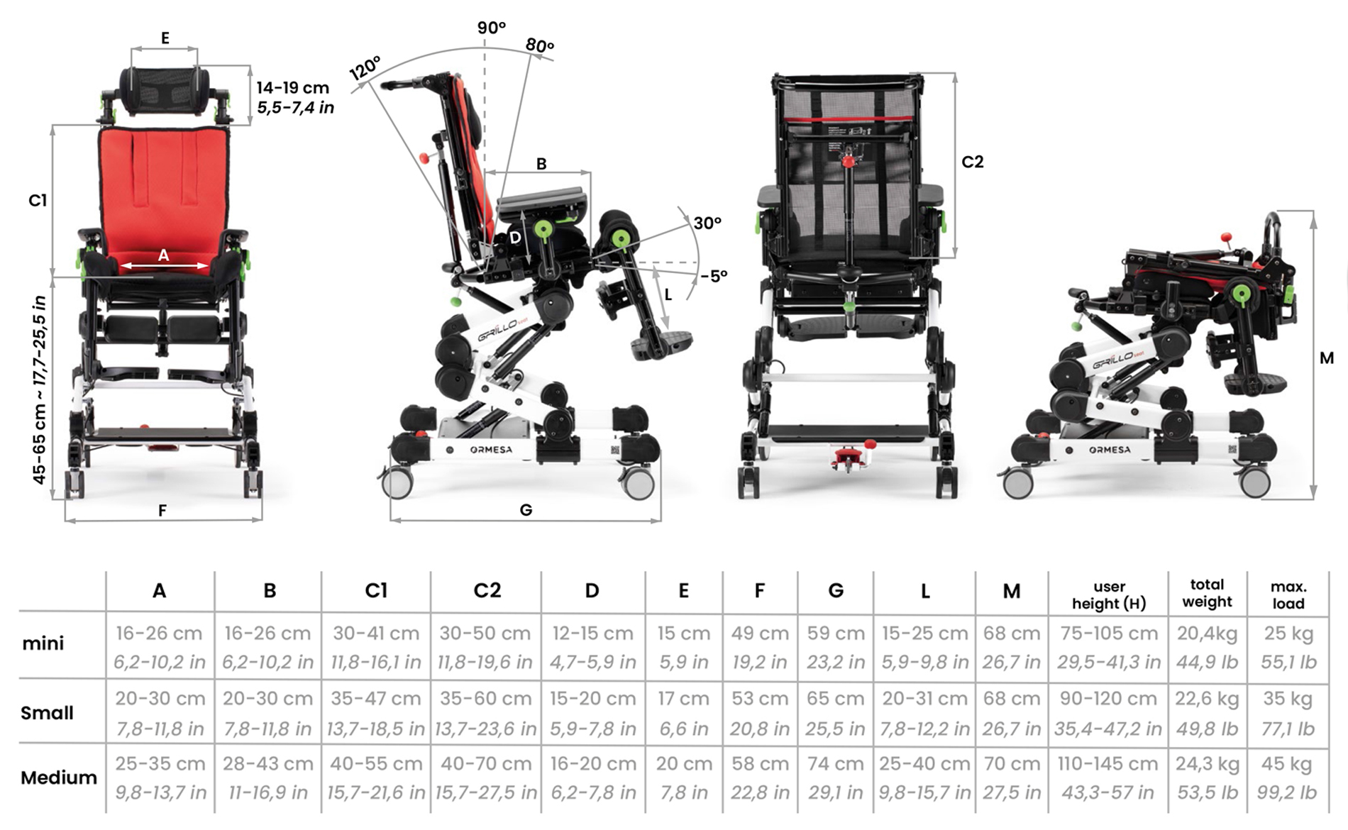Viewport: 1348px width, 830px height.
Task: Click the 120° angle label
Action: [x=365, y=67]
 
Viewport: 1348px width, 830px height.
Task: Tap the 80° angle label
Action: [x=540, y=45]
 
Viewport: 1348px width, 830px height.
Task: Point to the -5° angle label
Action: [x=714, y=276]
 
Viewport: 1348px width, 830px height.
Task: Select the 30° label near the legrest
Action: [x=707, y=223]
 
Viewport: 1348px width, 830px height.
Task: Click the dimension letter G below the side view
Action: [x=526, y=510]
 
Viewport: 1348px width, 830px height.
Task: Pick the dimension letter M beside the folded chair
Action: [x=1326, y=358]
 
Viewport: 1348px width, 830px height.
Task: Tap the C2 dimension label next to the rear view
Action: [x=972, y=162]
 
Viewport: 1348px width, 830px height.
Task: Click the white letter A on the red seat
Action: [x=163, y=255]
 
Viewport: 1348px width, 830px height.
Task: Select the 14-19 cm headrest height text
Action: [x=293, y=88]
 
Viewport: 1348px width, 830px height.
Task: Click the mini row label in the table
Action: [x=43, y=643]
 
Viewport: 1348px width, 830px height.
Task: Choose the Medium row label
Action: [x=58, y=778]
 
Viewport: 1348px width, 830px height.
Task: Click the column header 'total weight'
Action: [x=1207, y=593]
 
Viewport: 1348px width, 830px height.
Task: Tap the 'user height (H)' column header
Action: [x=1108, y=594]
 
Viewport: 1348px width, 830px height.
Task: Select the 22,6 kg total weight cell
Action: [x=1206, y=699]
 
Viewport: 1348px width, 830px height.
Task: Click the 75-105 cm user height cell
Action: [x=1108, y=633]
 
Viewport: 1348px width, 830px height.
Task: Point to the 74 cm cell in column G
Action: [x=835, y=764]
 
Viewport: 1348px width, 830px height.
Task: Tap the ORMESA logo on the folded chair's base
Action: [x=1110, y=450]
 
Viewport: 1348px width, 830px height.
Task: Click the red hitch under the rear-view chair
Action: [x=848, y=458]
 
